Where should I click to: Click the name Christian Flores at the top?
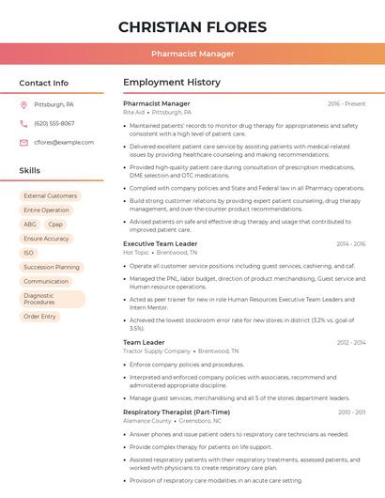(x=192, y=26)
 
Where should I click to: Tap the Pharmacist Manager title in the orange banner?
(x=192, y=54)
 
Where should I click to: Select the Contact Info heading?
(x=43, y=83)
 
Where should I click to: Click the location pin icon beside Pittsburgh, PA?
(x=23, y=104)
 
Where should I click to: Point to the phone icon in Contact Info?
(x=23, y=123)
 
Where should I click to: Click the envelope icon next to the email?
(x=23, y=142)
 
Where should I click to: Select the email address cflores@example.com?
(x=64, y=142)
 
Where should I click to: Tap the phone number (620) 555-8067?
(x=54, y=123)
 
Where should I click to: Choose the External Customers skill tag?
(x=51, y=196)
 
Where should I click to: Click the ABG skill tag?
(x=30, y=225)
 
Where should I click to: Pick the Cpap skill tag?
(x=55, y=225)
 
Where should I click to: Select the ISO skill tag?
(x=29, y=253)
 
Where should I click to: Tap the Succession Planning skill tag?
(x=52, y=267)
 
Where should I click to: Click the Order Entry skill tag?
(x=39, y=317)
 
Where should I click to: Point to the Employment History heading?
(x=171, y=83)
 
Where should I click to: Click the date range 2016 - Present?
(x=346, y=103)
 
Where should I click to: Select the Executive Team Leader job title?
(x=161, y=243)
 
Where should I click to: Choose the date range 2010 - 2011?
(x=351, y=412)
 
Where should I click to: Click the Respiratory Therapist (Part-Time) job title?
(x=177, y=412)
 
